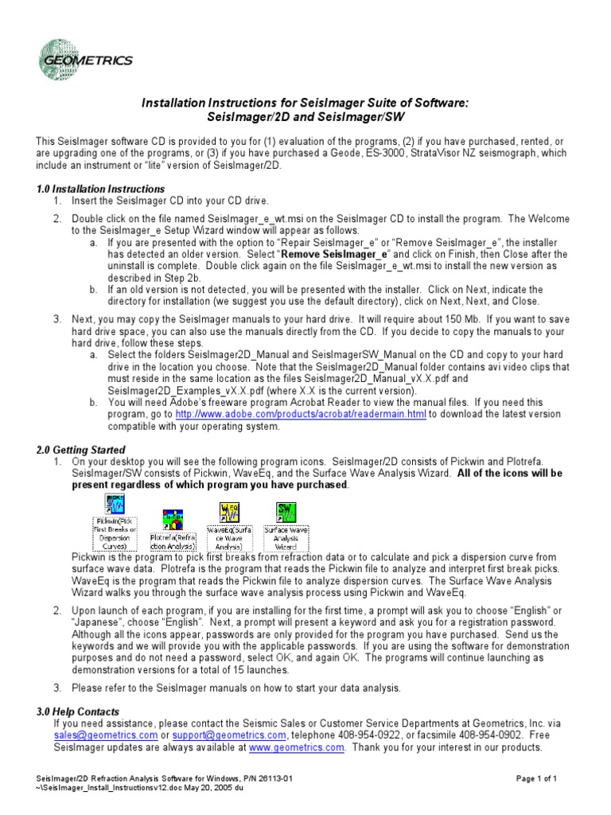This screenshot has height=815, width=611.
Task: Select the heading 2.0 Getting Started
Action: pos(80,450)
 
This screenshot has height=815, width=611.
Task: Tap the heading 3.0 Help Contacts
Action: pos(77,712)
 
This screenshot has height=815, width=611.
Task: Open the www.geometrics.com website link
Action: pos(297,747)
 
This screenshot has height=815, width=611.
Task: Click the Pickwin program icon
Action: pos(111,505)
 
